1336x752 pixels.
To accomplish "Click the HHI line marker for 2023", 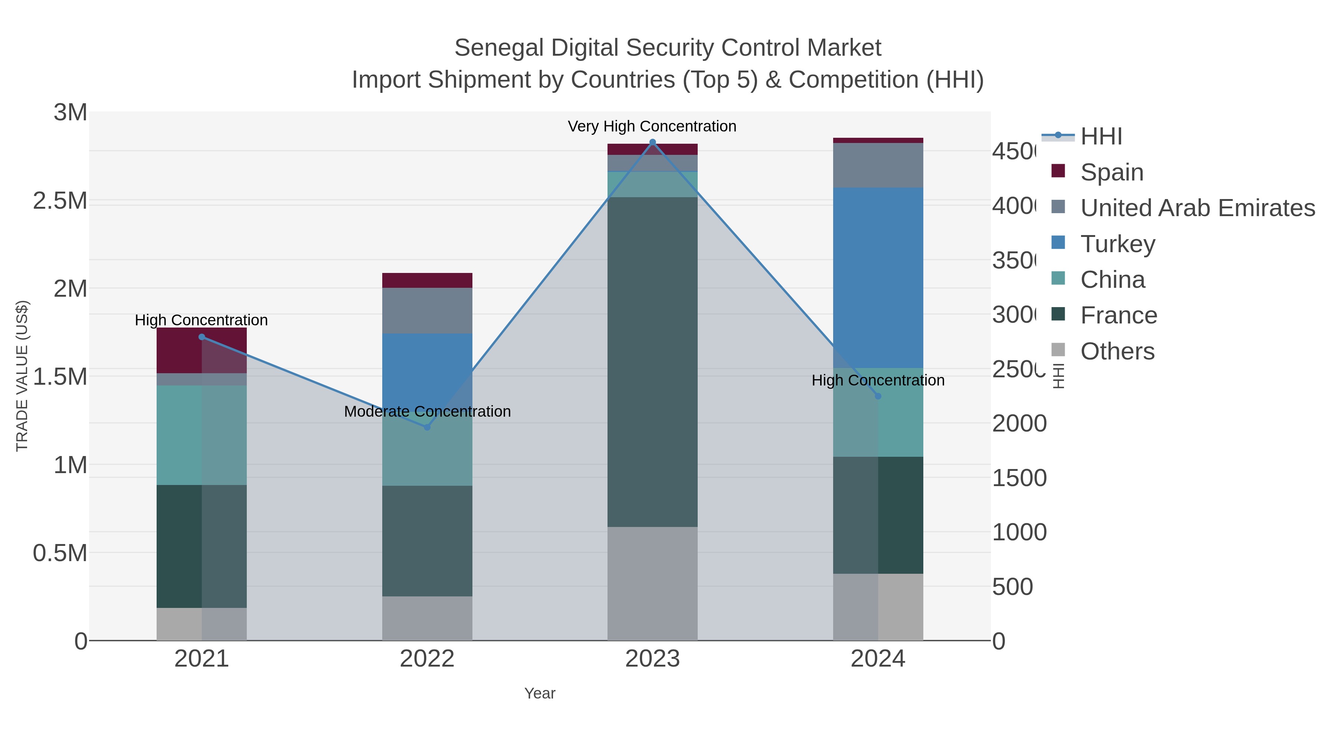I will [x=652, y=142].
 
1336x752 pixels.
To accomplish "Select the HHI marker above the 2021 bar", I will [x=202, y=337].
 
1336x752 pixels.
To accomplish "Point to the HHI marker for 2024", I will [x=878, y=396].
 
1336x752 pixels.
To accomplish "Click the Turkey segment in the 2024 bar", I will [x=878, y=278].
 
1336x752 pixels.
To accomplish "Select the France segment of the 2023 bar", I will [x=652, y=362].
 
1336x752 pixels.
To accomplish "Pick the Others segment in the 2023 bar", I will [x=652, y=583].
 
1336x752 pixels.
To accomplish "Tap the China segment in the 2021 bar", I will [x=202, y=435].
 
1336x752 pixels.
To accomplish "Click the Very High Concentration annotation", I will [x=652, y=126].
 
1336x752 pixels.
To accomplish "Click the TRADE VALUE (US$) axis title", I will [x=22, y=376].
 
